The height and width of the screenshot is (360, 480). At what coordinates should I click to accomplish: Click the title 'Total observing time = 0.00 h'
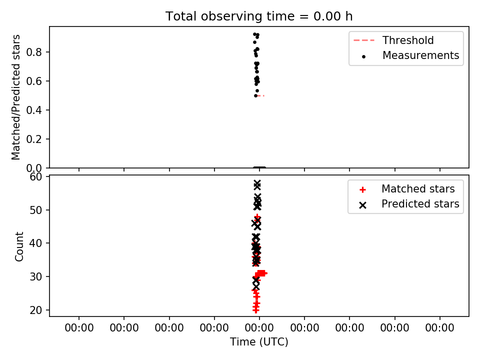(x=259, y=16)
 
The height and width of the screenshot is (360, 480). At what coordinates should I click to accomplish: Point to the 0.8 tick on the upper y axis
(x=34, y=52)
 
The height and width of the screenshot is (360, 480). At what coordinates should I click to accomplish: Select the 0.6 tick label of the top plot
(x=34, y=81)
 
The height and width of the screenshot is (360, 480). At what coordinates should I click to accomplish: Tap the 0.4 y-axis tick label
(x=34, y=110)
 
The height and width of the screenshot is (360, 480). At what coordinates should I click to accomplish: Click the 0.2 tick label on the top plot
(x=34, y=139)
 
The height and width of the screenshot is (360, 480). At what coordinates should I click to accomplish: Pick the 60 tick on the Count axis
(x=36, y=177)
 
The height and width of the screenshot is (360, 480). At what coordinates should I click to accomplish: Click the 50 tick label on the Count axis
(x=36, y=210)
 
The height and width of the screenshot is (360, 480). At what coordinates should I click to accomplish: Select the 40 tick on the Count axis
(x=36, y=243)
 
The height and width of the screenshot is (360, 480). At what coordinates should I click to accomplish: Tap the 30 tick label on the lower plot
(x=36, y=276)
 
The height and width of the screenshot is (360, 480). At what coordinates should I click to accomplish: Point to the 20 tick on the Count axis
(x=36, y=310)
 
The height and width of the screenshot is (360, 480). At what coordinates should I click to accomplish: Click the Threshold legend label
(x=408, y=40)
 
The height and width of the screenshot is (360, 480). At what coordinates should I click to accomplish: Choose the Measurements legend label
(x=421, y=55)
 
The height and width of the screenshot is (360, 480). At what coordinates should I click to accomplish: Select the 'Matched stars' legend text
(x=418, y=189)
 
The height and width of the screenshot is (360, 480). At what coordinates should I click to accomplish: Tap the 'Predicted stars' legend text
(x=420, y=204)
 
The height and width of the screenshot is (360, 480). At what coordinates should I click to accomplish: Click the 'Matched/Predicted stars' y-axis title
(x=15, y=97)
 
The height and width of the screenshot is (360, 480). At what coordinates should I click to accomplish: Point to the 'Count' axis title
(x=19, y=246)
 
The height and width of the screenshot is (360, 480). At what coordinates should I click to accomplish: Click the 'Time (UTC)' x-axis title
(x=259, y=342)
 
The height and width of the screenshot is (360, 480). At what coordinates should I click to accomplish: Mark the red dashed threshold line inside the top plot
(x=261, y=96)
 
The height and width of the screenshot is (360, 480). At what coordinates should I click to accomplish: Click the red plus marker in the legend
(x=363, y=190)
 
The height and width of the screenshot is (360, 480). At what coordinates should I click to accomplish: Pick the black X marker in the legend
(x=363, y=205)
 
